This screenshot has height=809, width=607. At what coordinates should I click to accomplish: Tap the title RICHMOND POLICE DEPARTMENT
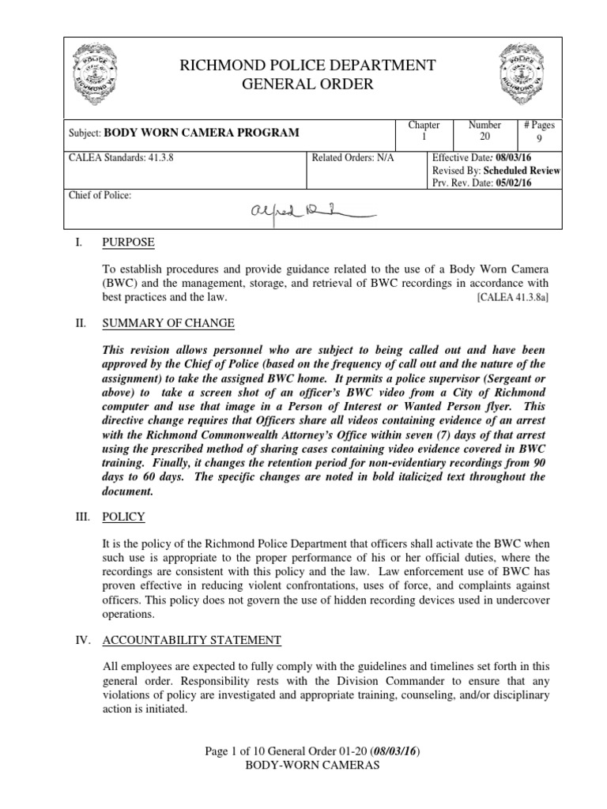(x=308, y=65)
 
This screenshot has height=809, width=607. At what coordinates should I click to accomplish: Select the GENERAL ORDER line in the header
(x=308, y=84)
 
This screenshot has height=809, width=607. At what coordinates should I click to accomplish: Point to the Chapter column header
(x=424, y=126)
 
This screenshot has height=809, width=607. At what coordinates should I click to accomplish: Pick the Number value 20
(x=484, y=138)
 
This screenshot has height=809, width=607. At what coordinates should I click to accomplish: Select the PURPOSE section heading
(x=129, y=242)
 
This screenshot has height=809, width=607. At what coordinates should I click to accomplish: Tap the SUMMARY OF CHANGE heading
(x=168, y=324)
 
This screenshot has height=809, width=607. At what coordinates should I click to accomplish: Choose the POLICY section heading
(x=124, y=517)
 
